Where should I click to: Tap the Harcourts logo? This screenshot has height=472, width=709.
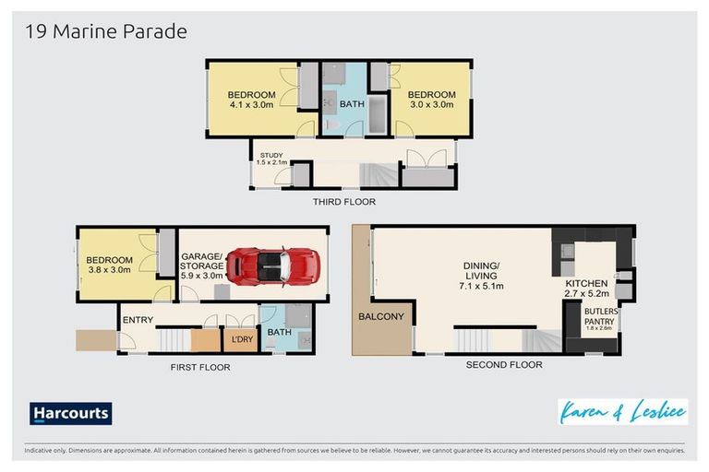70,413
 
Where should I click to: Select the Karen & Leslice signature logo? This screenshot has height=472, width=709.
622,411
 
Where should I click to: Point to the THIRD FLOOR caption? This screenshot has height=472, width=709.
343,201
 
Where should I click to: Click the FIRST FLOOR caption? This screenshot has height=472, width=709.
200,367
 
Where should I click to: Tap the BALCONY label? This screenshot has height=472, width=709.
381,316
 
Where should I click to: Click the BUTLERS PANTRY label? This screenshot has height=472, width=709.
599,319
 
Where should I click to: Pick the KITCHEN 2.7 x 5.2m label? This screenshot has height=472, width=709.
586,289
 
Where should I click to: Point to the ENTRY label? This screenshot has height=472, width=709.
138,320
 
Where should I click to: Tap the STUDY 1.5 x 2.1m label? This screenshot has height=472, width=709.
272,159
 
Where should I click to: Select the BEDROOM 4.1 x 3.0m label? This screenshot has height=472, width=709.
252,100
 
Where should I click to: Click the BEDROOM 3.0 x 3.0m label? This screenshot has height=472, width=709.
431,100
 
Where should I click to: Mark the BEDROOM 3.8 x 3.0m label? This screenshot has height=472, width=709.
110,265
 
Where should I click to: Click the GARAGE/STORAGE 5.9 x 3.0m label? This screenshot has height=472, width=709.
202,265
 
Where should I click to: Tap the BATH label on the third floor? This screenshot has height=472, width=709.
352,104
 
